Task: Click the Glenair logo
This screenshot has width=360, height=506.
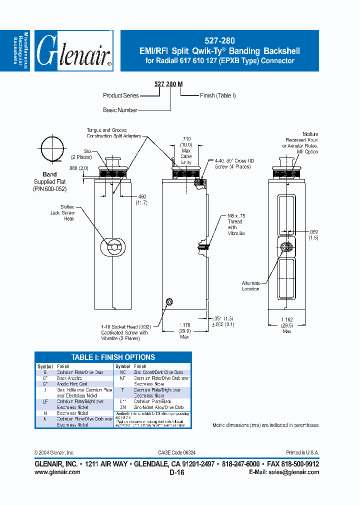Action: coord(74,52)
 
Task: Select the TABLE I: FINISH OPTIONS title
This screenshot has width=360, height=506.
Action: coord(113,357)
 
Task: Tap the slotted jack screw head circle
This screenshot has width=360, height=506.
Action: coord(114,246)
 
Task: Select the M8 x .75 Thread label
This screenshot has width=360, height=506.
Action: coord(235,218)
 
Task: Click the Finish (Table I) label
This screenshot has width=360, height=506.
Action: coord(217,95)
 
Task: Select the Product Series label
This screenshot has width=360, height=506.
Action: coord(121,95)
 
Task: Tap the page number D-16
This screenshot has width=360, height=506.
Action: coord(177,472)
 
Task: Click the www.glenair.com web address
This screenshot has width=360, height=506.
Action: coord(57,472)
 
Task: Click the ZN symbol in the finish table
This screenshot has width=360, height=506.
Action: coord(122,407)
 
